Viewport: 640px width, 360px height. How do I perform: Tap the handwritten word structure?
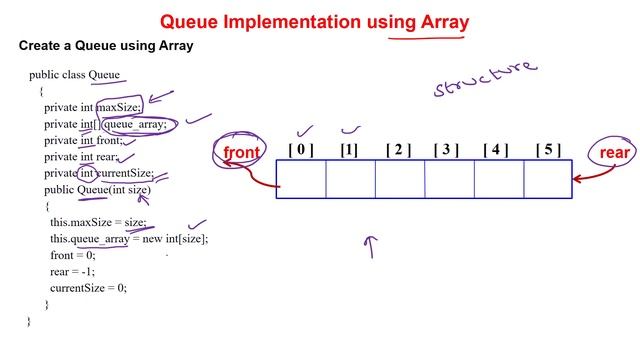pyautogui.click(x=485, y=79)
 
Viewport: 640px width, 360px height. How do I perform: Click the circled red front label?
pyautogui.click(x=241, y=153)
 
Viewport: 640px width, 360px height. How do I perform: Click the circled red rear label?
pyautogui.click(x=614, y=153)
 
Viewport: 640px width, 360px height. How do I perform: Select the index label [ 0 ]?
pyautogui.click(x=300, y=150)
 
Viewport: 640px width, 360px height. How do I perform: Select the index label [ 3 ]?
pyautogui.click(x=446, y=150)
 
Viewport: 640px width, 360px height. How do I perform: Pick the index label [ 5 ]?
pyautogui.click(x=547, y=150)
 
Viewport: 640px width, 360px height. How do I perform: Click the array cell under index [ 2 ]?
pyautogui.click(x=399, y=179)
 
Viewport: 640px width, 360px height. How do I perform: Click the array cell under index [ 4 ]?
pyautogui.click(x=498, y=179)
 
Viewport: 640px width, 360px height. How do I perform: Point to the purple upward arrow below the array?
pyautogui.click(x=372, y=246)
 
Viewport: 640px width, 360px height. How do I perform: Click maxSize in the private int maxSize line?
pyautogui.click(x=119, y=108)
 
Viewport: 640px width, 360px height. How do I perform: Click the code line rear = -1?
pyautogui.click(x=74, y=272)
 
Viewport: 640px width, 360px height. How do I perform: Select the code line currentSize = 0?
pyautogui.click(x=88, y=288)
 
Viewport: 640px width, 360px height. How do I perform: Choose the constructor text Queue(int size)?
pyautogui.click(x=114, y=189)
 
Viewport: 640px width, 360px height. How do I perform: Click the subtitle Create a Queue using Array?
pyautogui.click(x=106, y=46)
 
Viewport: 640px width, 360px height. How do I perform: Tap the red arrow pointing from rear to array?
pyautogui.click(x=588, y=172)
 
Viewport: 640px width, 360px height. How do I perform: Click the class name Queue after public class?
pyautogui.click(x=104, y=75)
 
